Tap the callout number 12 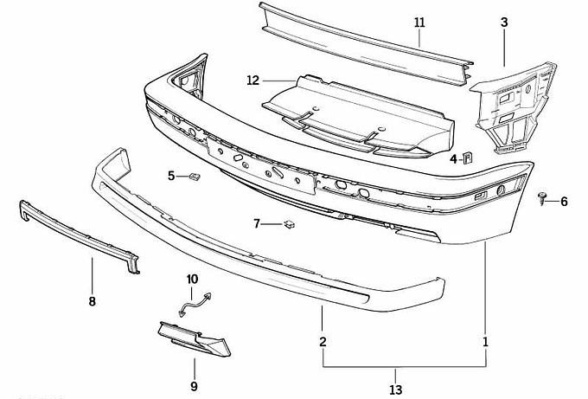click(x=252, y=80)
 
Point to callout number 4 click(x=453, y=159)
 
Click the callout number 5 click(x=172, y=177)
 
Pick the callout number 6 click(x=564, y=202)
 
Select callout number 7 click(x=257, y=224)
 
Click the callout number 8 click(x=93, y=301)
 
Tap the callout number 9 click(x=194, y=385)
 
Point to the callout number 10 click(x=193, y=279)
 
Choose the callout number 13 click(x=397, y=389)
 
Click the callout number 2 click(x=323, y=342)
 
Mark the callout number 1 click(x=485, y=342)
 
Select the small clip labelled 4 click(x=467, y=157)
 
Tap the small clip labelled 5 click(x=195, y=178)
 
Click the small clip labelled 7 click(x=287, y=225)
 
